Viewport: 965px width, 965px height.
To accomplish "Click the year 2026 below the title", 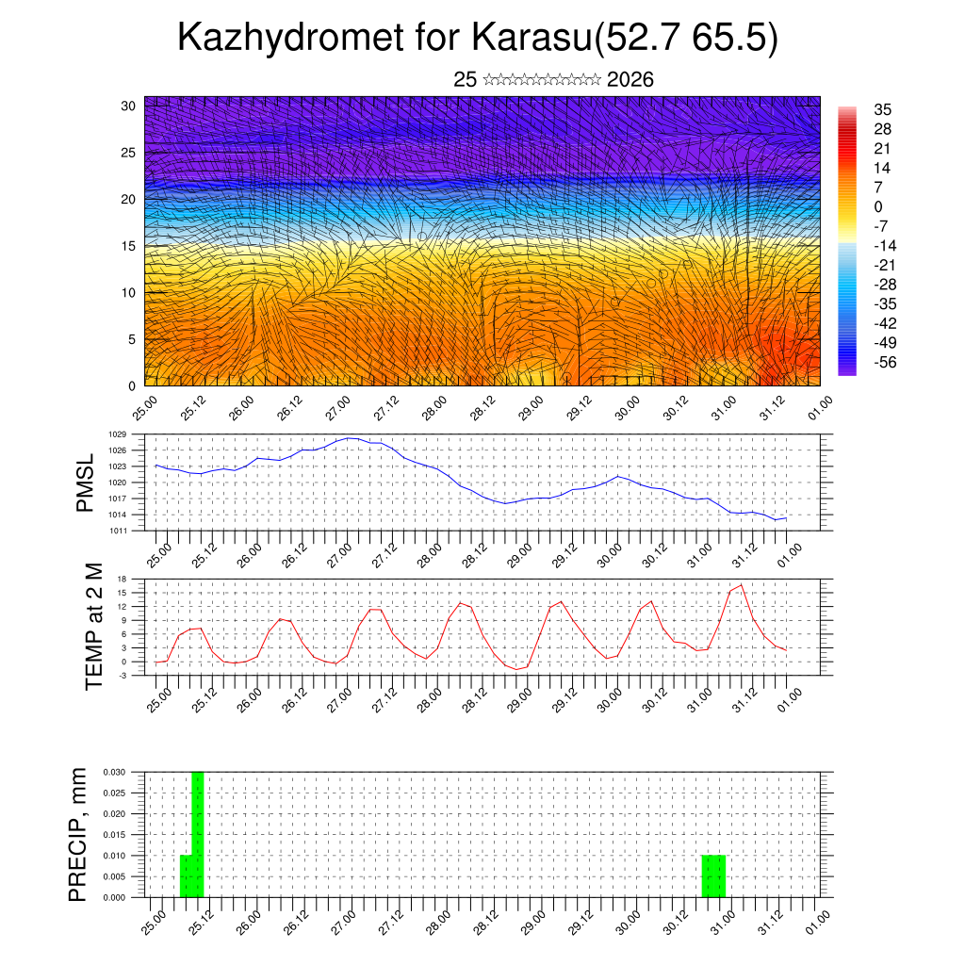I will tap(630, 80).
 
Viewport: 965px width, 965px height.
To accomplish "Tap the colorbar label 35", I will tap(883, 110).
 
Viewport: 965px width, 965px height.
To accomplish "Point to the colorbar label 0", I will tap(878, 206).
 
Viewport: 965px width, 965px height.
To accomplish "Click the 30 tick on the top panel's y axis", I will tap(129, 106).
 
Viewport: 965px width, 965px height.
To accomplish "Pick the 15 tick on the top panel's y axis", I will tap(129, 246).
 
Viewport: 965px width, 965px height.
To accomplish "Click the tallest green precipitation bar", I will tap(198, 834).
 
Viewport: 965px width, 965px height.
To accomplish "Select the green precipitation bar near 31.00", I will tap(713, 876).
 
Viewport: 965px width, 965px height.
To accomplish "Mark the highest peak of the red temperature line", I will tap(742, 585).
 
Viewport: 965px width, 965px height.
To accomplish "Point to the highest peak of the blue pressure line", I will tap(350, 438).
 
